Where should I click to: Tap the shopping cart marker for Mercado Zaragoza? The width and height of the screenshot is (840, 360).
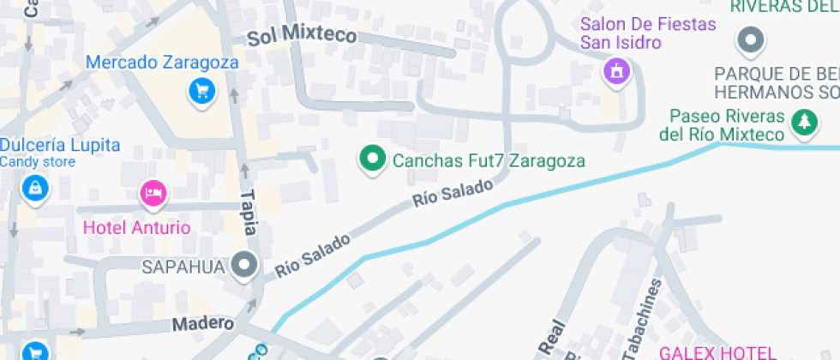click(x=201, y=91)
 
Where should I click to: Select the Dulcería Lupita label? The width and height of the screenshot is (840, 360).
click(x=60, y=145)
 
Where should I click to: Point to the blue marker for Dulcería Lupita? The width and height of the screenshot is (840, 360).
click(x=34, y=188)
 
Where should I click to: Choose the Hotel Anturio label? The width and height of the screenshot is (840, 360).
click(x=136, y=227)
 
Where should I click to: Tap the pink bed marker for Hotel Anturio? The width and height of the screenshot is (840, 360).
click(x=153, y=193)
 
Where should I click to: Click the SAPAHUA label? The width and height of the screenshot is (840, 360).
click(x=184, y=267)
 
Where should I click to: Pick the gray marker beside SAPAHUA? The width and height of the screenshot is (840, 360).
click(x=245, y=266)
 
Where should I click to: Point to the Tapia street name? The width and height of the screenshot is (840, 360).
click(x=249, y=207)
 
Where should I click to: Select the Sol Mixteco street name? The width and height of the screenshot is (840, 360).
click(x=301, y=36)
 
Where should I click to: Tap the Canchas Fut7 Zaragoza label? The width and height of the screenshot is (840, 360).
click(x=489, y=160)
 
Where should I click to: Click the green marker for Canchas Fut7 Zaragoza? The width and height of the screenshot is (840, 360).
click(x=372, y=159)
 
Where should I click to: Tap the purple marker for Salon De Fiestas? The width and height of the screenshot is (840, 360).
click(x=615, y=71)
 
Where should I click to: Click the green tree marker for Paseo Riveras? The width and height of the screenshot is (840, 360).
click(x=803, y=123)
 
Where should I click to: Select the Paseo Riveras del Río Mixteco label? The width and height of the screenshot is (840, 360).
click(x=727, y=125)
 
